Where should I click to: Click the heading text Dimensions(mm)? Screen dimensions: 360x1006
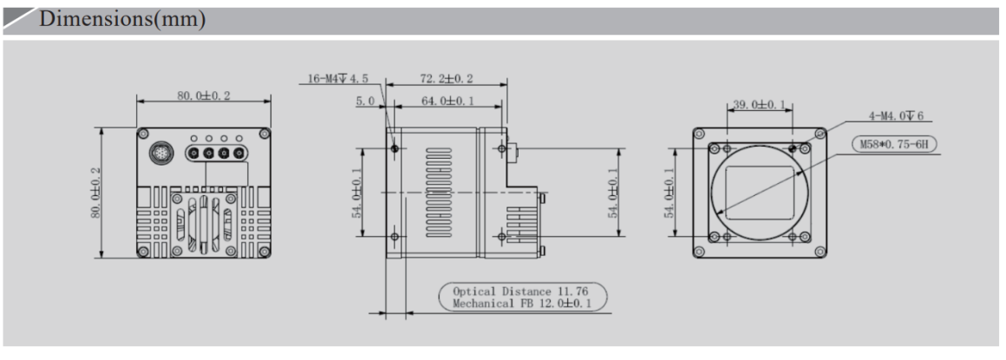point(121,20)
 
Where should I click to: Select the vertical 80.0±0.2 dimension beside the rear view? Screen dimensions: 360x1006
point(96,193)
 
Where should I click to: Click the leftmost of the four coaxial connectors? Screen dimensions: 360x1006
point(193,154)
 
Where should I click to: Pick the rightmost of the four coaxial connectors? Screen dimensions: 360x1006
point(238,154)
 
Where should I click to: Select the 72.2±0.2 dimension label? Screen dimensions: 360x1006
point(447,79)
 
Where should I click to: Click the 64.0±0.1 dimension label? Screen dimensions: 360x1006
point(447,101)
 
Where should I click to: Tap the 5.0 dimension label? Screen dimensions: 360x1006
point(365,101)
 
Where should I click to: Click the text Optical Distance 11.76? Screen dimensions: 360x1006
point(523,291)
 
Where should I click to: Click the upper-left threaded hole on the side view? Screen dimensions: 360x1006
point(395,149)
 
